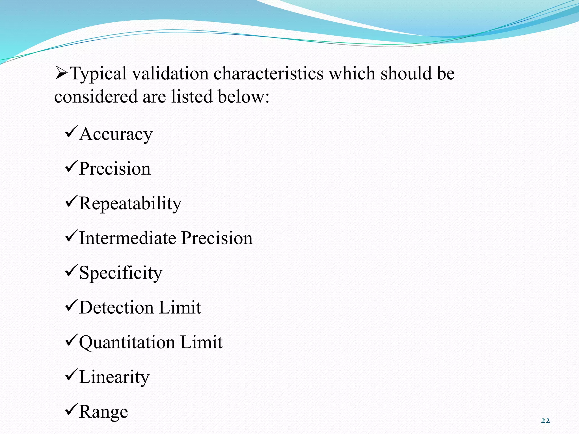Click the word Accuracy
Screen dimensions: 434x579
pyautogui.click(x=116, y=134)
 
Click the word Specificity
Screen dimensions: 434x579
pyautogui.click(x=121, y=273)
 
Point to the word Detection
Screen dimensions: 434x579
pyautogui.click(x=116, y=307)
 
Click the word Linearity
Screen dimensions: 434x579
pyautogui.click(x=114, y=377)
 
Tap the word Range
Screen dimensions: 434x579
pyautogui.click(x=103, y=412)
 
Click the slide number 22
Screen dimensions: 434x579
pyautogui.click(x=545, y=421)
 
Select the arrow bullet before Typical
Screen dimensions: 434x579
pyautogui.click(x=61, y=73)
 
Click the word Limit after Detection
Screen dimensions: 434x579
pyautogui.click(x=180, y=307)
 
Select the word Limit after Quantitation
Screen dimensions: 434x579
pyautogui.click(x=201, y=342)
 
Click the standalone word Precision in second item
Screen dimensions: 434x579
pyautogui.click(x=115, y=169)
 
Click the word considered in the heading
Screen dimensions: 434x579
pyautogui.click(x=96, y=97)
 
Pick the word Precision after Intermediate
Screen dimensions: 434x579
pyautogui.click(x=217, y=238)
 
